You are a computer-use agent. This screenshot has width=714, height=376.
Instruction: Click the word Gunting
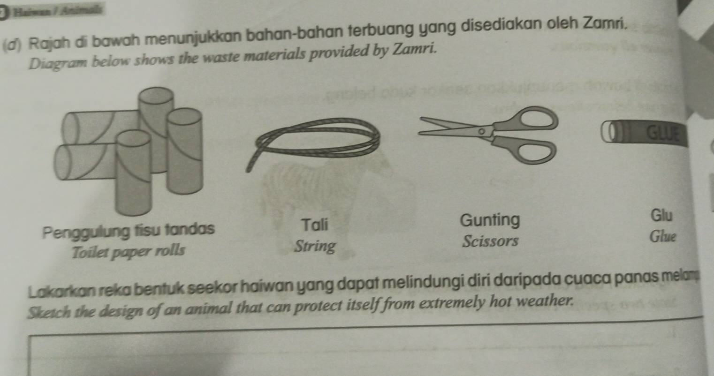490,219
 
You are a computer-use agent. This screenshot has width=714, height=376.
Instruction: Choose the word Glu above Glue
662,215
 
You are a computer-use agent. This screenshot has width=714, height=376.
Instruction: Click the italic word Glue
662,236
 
